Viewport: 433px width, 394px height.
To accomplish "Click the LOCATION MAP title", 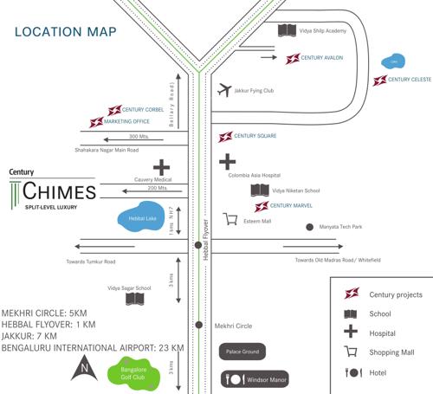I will tap(65, 34).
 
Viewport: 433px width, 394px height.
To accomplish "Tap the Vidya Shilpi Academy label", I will tap(324, 30).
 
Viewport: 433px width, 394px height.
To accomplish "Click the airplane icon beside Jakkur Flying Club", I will tap(225, 89).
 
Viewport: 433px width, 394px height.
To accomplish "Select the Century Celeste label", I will tap(410, 80).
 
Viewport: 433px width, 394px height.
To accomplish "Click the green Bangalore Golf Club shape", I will tap(130, 374).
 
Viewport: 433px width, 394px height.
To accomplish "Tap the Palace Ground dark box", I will tap(242, 352).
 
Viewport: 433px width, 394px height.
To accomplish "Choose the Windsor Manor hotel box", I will tap(253, 379).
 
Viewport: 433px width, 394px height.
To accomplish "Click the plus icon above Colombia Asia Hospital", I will tap(227, 161).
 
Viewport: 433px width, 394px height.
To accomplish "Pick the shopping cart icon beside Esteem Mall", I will tap(230, 220).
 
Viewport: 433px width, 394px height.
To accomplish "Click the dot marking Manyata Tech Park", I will tap(310, 227).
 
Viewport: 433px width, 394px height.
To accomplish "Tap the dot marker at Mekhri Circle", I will tap(199, 326).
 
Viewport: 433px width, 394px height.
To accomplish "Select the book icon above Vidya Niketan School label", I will tap(259, 190).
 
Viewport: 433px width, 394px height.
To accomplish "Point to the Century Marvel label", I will tap(291, 206).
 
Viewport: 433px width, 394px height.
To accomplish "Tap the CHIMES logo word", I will tap(60, 191).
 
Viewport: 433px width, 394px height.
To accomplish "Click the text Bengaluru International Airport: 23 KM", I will tap(93, 347).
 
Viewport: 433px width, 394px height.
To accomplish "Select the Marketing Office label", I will tap(126, 122).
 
